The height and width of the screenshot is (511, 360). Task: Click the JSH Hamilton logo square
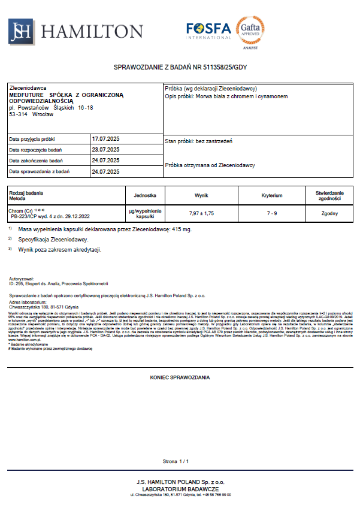(x=20, y=31)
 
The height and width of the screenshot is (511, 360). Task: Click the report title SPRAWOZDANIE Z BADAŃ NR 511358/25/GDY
(x=180, y=67)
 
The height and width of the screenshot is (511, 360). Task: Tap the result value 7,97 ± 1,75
(x=201, y=213)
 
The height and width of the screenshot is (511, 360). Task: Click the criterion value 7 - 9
(x=272, y=213)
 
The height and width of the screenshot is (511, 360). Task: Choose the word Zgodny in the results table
(x=329, y=213)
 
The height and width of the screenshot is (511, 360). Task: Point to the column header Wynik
(x=201, y=195)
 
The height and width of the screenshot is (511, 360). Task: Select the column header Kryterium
(x=272, y=195)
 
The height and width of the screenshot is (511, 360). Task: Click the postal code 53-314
(x=18, y=113)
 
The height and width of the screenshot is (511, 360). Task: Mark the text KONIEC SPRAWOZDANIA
(x=180, y=378)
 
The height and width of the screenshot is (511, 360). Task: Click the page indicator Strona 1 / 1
(x=176, y=461)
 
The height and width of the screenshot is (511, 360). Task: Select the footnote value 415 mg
(x=181, y=229)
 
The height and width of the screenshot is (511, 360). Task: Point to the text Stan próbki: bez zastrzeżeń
(x=198, y=141)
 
